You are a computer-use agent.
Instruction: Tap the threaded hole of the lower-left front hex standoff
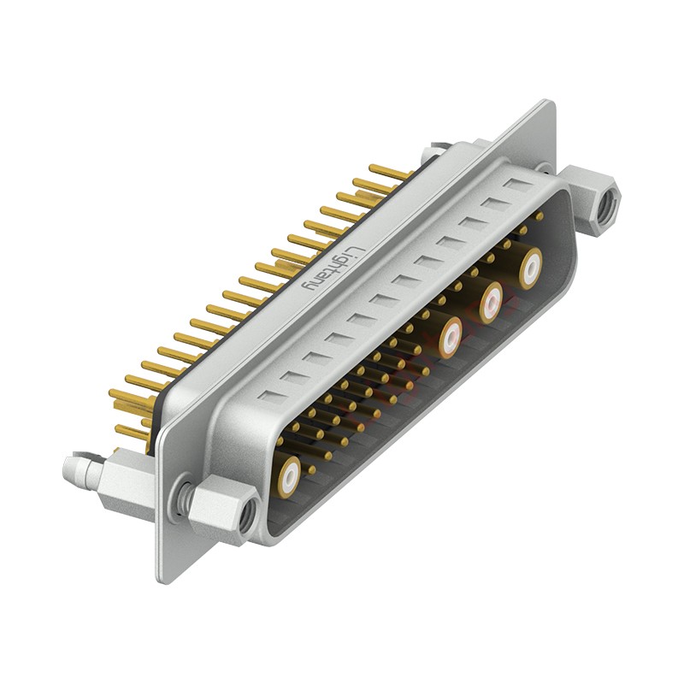click(247, 513)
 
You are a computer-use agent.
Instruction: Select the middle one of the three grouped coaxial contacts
click(491, 301)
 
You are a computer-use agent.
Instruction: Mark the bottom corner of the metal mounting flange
click(162, 579)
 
